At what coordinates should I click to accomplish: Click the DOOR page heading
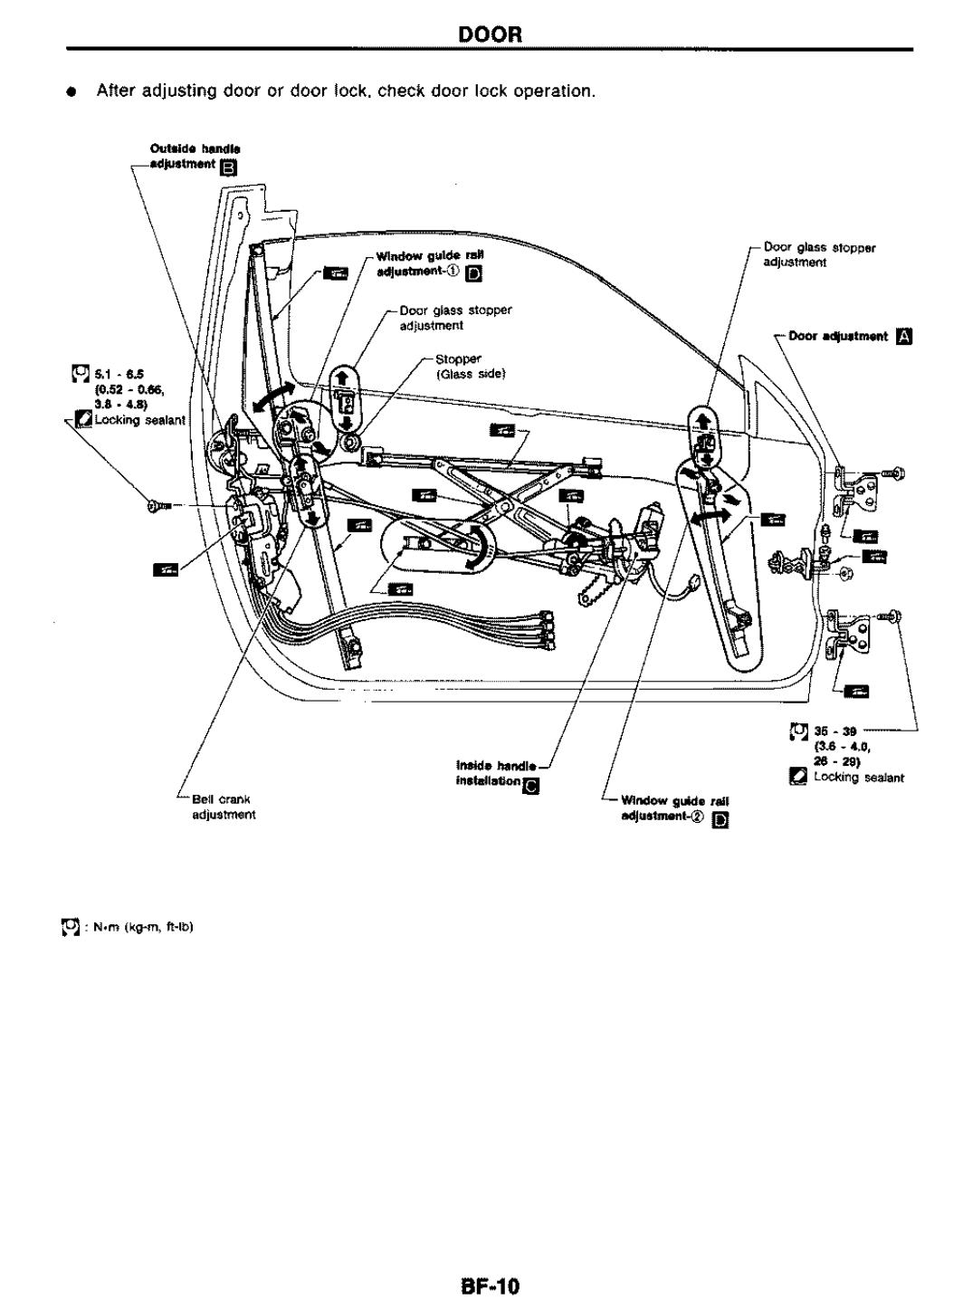click(x=491, y=34)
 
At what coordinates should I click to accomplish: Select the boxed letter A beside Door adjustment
click(x=902, y=336)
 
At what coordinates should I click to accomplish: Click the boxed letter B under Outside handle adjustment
click(x=229, y=167)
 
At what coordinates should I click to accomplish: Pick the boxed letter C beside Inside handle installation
click(x=532, y=784)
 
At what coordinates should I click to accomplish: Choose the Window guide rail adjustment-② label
click(x=674, y=807)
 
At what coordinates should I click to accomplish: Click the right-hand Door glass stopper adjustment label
click(x=819, y=253)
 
